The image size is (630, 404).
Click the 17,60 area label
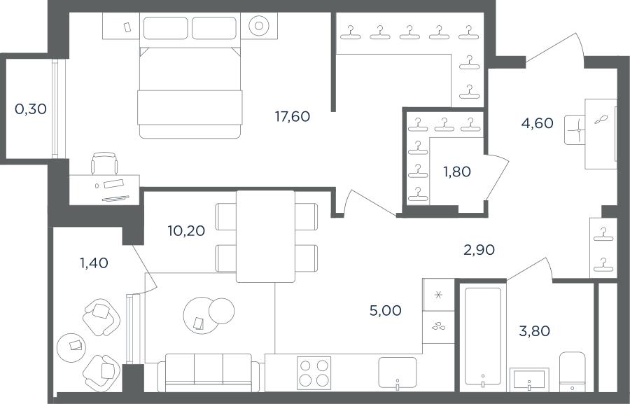pos(293,116)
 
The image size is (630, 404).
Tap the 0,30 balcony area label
pos(31,109)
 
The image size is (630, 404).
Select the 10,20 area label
pos(186,231)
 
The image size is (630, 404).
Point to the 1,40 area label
pos(94,263)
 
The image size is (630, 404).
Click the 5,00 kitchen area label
pos(385,310)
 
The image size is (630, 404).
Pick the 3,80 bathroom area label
pos(534,331)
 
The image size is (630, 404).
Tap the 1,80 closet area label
pos(457,172)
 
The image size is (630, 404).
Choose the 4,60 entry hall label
pos(537,123)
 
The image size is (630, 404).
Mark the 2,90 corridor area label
pos(479,250)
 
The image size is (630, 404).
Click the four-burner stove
pos(314,373)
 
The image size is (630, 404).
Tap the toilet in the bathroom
pos(573,372)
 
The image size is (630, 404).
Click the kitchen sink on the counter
pos(398,372)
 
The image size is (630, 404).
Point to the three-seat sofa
pos(209,372)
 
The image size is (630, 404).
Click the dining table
pos(265,237)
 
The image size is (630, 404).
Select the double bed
pos(190,93)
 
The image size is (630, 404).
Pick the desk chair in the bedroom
pos(105,164)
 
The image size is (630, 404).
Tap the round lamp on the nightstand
pos(259,26)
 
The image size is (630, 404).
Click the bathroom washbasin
pos(529,379)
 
